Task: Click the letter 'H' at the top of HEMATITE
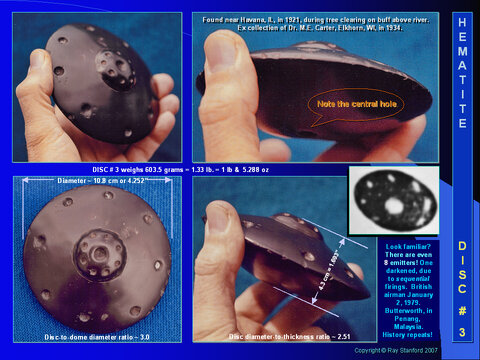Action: [x=462, y=21]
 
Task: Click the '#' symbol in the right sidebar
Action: [x=462, y=309]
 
